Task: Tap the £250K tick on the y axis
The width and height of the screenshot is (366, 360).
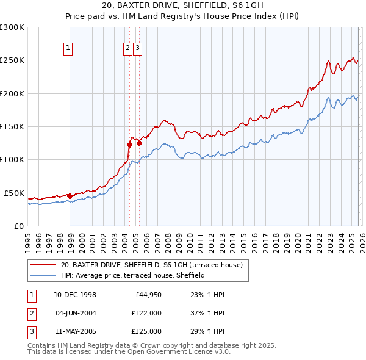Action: point(12,60)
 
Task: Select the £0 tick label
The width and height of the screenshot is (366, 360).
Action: point(20,226)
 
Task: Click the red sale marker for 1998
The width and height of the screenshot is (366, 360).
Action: point(70,196)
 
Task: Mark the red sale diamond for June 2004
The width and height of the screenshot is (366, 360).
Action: point(129,145)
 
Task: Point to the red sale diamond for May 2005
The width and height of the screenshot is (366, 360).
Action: point(139,143)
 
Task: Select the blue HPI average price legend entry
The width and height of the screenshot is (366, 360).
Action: point(132,275)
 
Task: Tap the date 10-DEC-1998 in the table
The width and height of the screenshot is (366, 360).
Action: point(75,295)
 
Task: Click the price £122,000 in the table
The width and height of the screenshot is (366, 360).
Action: point(146,313)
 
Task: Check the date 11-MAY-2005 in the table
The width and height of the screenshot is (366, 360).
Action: point(75,331)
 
